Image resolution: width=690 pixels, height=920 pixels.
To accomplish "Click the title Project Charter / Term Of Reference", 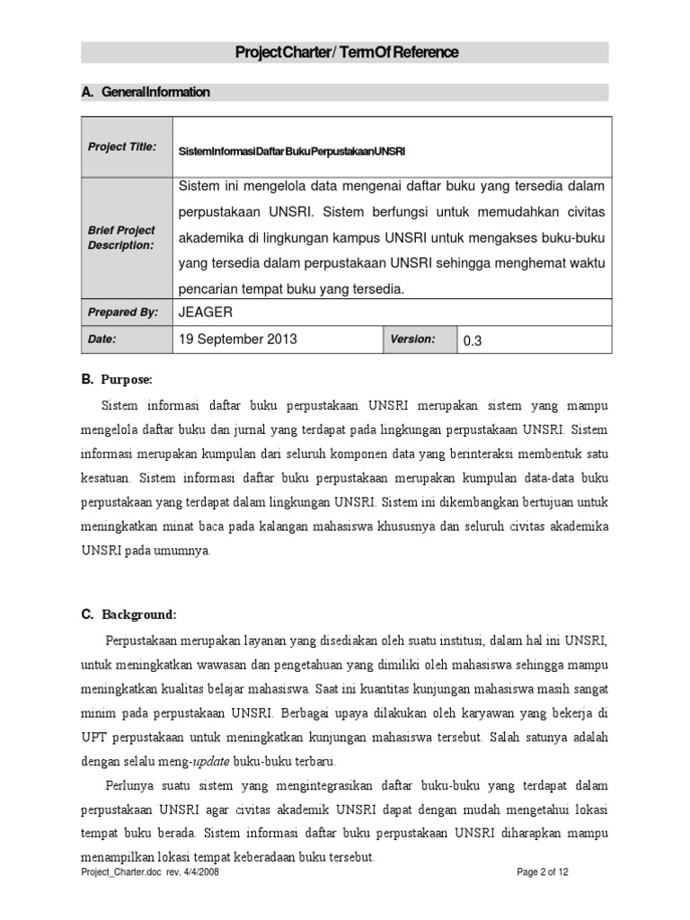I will pos(346,53).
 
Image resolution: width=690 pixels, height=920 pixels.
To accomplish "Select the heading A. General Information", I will pos(146,93).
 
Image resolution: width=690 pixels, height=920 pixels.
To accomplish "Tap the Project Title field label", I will pos(122,146).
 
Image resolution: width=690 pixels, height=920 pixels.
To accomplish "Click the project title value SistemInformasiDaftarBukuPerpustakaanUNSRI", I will pos(292,151).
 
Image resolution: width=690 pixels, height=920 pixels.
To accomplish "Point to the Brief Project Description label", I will pos(121,238).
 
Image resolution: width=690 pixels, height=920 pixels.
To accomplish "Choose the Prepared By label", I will pos(122,312).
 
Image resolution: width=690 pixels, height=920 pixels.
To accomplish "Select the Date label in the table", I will pos(102,340).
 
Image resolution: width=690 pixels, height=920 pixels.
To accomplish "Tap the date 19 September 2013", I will pos(238,340).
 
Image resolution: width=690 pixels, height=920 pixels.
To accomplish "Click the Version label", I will pos(412,339).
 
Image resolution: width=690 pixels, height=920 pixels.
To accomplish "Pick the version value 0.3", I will pos(473,341).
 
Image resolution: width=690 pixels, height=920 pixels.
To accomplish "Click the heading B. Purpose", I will pos(117,380).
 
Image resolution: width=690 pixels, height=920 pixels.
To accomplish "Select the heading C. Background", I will pos(129,615).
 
